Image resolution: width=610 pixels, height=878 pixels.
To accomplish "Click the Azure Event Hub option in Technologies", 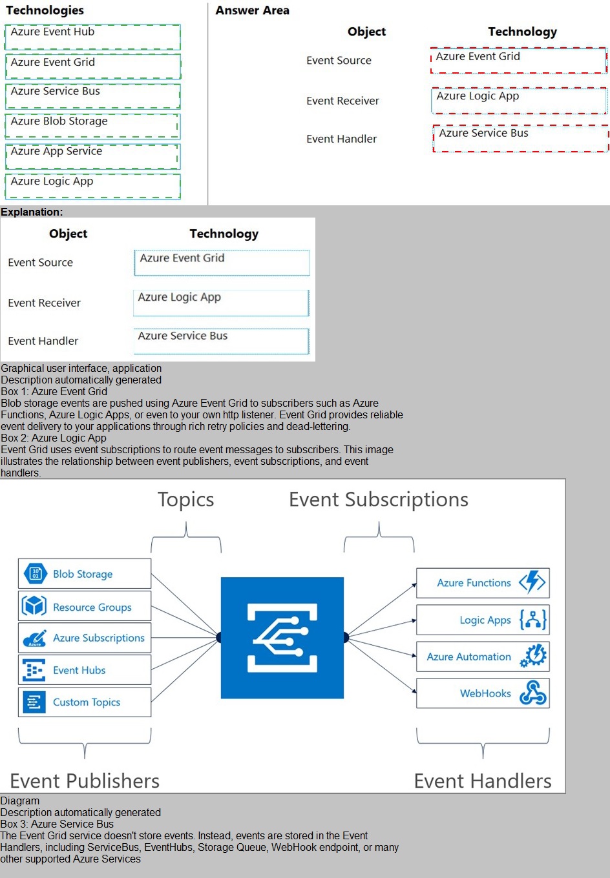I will pos(92,37).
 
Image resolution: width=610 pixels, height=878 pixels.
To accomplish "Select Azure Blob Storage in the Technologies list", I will pos(92,127).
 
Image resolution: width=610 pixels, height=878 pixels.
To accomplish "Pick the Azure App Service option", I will pos(92,156).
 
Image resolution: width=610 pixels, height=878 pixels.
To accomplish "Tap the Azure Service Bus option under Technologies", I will pos(92,97).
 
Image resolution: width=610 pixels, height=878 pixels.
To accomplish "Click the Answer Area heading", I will pos(252,10).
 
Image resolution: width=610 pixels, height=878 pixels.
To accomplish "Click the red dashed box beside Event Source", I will pos(518,61).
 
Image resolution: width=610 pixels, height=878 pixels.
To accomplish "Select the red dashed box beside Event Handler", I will pos(520,139).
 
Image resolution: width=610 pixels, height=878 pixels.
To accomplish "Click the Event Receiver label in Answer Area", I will pos(342,101).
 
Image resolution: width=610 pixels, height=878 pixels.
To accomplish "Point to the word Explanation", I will pos(32,212).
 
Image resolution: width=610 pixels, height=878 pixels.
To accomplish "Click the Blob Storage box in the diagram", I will pos(84,574).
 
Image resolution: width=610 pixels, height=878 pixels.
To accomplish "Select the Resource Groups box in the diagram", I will pos(84,607).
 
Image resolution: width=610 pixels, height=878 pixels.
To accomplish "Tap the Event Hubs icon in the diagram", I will pos(34,670).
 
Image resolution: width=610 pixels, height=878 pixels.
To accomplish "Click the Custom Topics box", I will pos(84,702).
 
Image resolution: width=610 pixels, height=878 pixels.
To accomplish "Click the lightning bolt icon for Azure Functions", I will pos(533,582).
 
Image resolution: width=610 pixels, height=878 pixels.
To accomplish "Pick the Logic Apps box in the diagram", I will pos(483,620).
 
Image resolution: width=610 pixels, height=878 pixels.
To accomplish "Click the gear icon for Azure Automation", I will pos(534,656).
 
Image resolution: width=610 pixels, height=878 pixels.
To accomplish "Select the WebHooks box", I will pos(483,693).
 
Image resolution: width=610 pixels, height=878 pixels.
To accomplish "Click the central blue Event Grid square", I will pos(282,638).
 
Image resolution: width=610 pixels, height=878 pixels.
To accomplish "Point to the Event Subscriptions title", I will pos(379,500).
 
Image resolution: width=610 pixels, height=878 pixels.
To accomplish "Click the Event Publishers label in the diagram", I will pos(85,781).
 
